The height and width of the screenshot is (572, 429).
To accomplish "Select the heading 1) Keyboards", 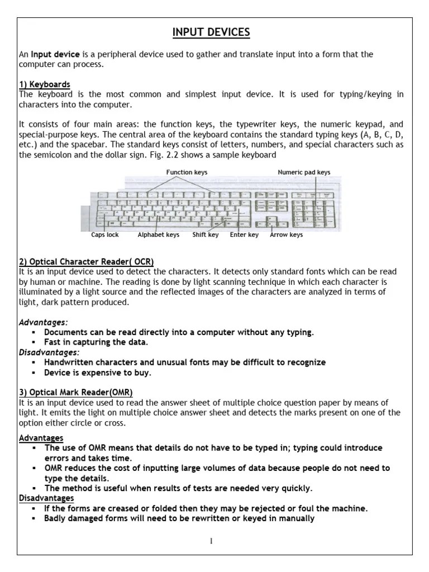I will tap(44, 84).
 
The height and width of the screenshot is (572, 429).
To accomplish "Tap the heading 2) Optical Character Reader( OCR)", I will tap(86, 261).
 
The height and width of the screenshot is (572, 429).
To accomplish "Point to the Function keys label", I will tap(187, 173).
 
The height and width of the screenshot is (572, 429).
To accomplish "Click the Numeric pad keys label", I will tap(304, 173).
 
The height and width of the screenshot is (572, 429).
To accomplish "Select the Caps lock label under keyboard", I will tap(105, 235).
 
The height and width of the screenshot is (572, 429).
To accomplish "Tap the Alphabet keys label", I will tap(159, 235).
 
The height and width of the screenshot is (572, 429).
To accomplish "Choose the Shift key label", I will tap(206, 235).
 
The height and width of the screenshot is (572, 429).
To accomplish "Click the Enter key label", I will tap(244, 235).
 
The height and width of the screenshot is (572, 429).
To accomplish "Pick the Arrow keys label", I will tap(286, 235).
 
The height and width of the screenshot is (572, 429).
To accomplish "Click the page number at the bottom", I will tap(211, 541).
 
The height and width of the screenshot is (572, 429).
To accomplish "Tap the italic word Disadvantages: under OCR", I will tap(49, 352).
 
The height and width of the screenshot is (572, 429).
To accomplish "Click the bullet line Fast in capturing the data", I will tap(96, 342).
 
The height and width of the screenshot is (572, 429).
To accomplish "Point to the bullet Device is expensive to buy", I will tap(98, 373).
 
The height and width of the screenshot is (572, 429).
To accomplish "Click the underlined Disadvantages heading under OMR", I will tap(46, 498).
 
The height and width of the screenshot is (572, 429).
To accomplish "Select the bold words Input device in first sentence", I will tap(55, 54).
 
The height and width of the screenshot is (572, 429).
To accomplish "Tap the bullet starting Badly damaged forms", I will tap(179, 518).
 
